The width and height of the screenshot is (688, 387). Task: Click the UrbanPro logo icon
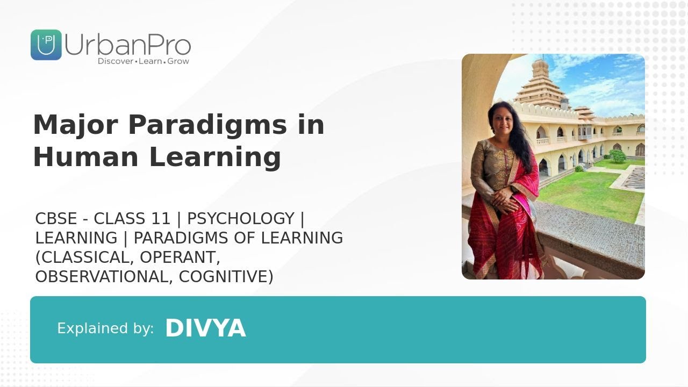click(46, 45)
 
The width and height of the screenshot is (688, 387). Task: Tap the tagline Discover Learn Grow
click(143, 61)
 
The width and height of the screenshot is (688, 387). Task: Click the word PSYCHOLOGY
click(240, 219)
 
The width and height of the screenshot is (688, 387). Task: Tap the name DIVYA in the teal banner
click(205, 328)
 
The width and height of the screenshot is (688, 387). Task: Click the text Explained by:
click(105, 328)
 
